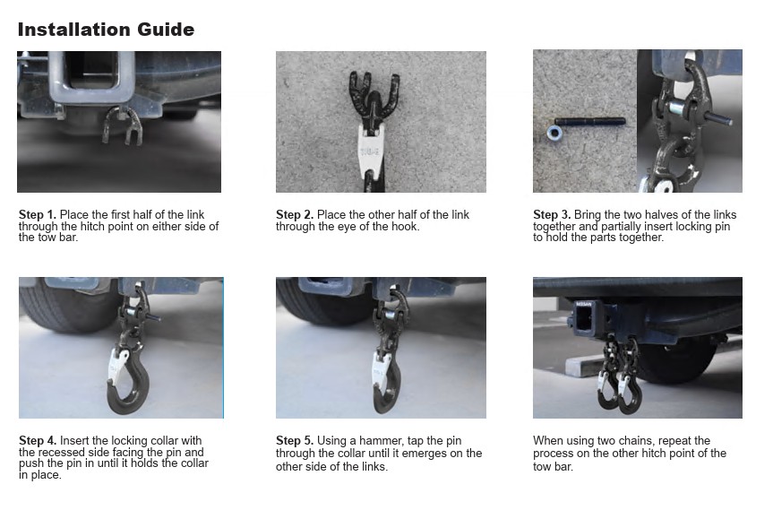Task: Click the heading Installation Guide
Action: (106, 30)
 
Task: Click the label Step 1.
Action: (38, 214)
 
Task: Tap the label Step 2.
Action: (295, 214)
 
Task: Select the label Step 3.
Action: (552, 214)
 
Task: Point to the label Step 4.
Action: (38, 440)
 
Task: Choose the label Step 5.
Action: (295, 440)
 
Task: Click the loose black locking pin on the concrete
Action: (590, 121)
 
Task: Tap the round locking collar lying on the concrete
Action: (554, 133)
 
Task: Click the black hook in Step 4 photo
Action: (128, 383)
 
